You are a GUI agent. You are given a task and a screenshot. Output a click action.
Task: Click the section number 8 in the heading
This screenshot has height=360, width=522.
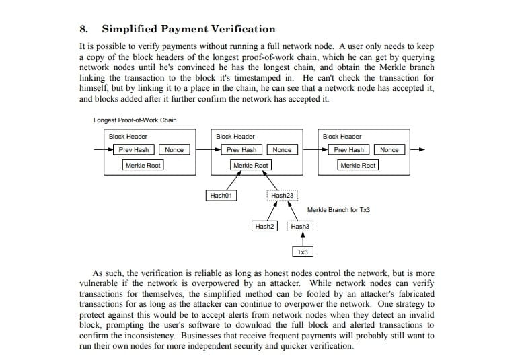(x=83, y=29)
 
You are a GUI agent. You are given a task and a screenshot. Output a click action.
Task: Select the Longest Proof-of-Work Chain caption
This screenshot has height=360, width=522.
(x=135, y=120)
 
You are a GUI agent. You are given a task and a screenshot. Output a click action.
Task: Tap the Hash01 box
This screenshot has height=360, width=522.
(x=221, y=196)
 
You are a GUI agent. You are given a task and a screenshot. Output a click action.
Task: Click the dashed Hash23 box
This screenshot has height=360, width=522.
(x=283, y=196)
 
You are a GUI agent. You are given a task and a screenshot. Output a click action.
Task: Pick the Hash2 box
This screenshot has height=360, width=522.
(x=264, y=227)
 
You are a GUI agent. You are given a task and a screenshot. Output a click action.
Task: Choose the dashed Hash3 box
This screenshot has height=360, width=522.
(x=300, y=227)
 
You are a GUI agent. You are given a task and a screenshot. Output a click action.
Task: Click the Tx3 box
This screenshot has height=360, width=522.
(x=302, y=252)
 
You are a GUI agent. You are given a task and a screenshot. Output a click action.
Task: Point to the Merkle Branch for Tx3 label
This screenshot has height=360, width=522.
(x=338, y=210)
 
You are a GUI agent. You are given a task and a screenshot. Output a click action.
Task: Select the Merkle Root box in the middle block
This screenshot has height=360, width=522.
(x=250, y=165)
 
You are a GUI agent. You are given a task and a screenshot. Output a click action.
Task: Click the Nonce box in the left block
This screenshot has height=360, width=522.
(x=174, y=149)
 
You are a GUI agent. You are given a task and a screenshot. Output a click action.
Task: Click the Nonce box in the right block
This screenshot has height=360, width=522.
(x=389, y=149)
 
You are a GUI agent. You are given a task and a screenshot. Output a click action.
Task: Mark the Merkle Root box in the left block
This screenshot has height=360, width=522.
(x=143, y=165)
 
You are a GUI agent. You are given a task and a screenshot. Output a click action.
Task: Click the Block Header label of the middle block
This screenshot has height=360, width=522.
(x=235, y=137)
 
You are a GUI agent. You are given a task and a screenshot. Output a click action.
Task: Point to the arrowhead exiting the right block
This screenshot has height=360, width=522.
(x=422, y=149)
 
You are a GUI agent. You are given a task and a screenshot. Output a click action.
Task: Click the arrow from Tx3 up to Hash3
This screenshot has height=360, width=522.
(x=302, y=239)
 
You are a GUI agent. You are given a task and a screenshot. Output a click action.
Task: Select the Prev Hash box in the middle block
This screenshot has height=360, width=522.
(x=241, y=149)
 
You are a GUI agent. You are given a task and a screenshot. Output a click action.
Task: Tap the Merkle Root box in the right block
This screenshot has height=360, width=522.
(x=358, y=165)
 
